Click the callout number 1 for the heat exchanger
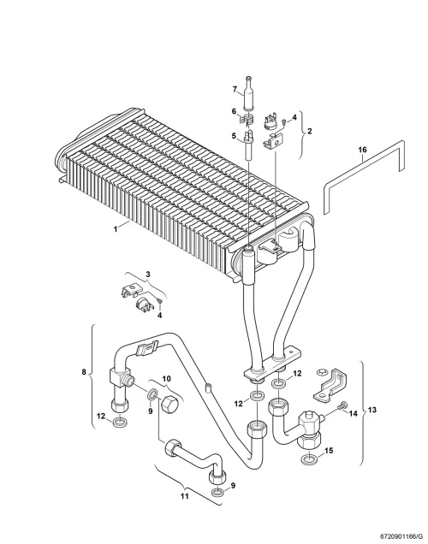coord(116,229)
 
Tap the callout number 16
coord(362,150)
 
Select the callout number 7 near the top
coord(235,90)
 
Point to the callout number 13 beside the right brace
coord(372,410)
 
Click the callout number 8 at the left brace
coord(84,372)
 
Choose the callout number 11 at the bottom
coord(185,496)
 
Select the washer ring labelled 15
coord(308,459)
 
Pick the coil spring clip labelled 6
coord(247,120)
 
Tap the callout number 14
coord(353,413)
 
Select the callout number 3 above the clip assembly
coord(148,274)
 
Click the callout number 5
coord(234,136)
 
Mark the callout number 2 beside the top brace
coord(310,131)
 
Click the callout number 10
coord(167,379)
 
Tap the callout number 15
coord(329,450)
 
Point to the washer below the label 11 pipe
coord(217,492)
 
